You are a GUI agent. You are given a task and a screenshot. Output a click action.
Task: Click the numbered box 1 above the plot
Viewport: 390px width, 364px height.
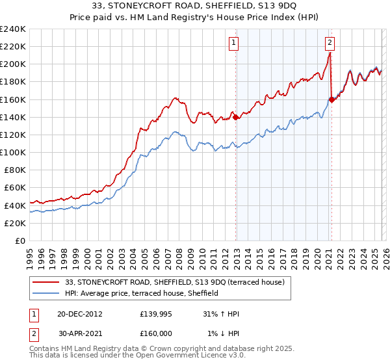[233, 44]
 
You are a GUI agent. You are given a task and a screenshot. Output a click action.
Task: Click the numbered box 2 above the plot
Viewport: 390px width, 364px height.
[330, 44]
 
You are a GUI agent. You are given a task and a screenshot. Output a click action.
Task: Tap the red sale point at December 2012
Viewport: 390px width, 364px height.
[235, 118]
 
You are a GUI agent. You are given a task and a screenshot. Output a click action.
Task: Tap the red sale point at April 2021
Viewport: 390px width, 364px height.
[331, 99]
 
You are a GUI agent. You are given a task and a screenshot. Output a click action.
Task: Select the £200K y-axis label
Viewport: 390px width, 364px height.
[12, 64]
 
